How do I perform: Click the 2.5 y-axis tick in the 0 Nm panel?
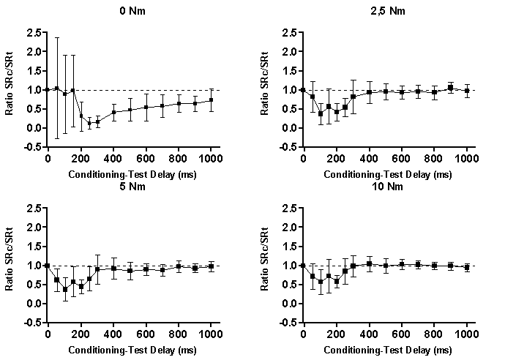click(x=32, y=33)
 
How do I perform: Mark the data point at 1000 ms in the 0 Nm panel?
click(x=212, y=100)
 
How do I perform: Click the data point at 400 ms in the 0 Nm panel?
click(x=113, y=113)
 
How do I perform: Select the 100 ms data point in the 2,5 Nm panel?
click(x=320, y=113)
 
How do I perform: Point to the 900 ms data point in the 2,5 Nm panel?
click(x=451, y=88)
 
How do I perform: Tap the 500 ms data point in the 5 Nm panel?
click(x=130, y=271)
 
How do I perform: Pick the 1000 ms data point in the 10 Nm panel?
click(x=467, y=268)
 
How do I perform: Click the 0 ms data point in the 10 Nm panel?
click(x=303, y=266)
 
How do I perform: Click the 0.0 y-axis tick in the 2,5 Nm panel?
click(x=289, y=128)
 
